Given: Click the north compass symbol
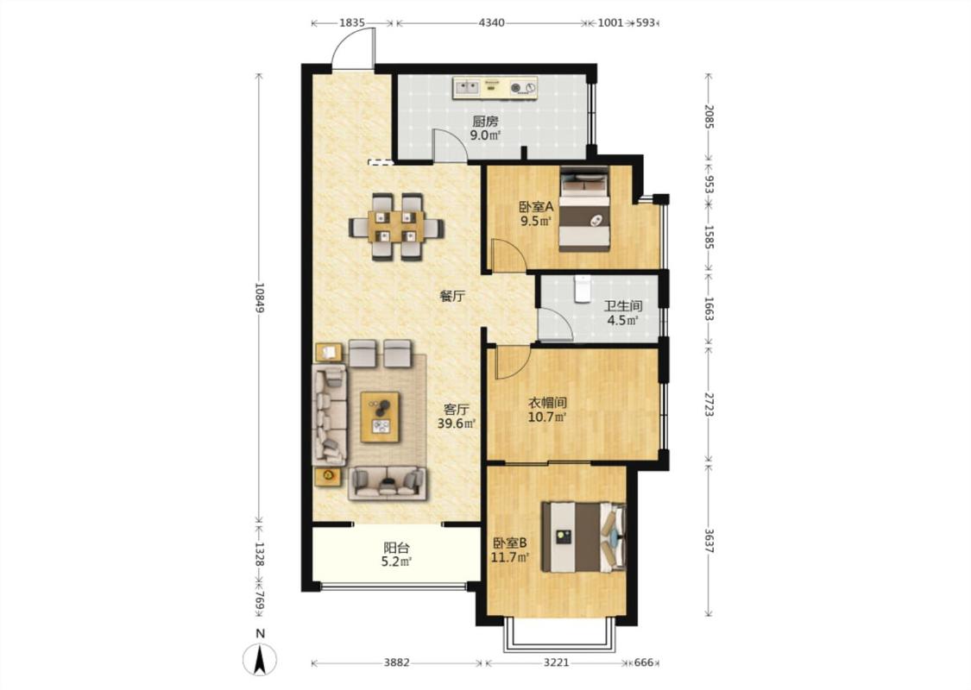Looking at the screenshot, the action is point(260,658).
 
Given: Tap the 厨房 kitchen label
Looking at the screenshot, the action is point(485,121).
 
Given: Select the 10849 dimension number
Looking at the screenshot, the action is point(260,298).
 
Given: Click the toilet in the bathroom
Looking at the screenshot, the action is point(582,289).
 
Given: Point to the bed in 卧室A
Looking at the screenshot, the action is point(584,209).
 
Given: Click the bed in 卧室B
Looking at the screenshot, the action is point(583,537).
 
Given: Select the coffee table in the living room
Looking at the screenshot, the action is point(381,417).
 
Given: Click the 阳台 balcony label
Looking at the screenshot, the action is point(396,548).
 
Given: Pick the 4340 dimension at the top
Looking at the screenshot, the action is point(492,23).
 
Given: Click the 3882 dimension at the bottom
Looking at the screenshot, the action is point(396,662).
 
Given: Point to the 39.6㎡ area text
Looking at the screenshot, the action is point(457,423).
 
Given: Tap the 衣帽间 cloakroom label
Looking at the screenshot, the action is point(547,403).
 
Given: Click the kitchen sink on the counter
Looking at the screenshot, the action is point(467,88).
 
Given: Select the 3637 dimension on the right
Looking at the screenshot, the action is point(709,540).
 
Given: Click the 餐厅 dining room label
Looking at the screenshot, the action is point(452,297).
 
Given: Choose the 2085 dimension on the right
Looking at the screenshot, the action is point(709,117).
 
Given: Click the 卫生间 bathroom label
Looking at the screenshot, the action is point(623,305).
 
